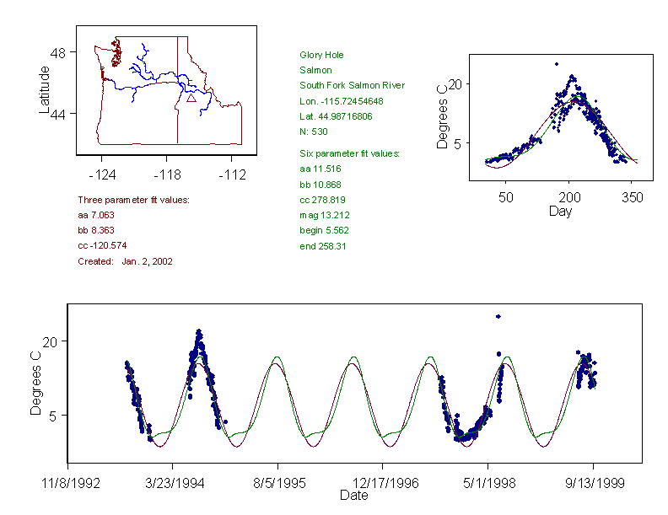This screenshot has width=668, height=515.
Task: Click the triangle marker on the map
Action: tap(191, 98)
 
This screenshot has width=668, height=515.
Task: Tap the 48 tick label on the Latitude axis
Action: tap(58, 52)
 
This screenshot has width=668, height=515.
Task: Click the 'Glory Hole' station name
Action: tap(321, 55)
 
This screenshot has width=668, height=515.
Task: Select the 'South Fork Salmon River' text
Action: tap(352, 85)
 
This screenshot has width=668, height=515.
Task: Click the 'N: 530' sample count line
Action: tap(315, 131)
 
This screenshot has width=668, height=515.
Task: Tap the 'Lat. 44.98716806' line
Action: tap(336, 116)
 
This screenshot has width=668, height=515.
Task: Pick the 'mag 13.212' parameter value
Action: tap(321, 215)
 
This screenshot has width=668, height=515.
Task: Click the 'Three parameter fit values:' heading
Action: tap(133, 200)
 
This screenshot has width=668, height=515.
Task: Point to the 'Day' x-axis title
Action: tap(560, 212)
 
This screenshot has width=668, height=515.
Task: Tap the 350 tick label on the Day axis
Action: tap(633, 197)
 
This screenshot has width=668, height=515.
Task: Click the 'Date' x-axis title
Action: tap(353, 496)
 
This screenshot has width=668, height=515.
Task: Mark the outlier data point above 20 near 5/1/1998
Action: tap(498, 317)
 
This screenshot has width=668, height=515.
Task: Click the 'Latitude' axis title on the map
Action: tap(45, 89)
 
